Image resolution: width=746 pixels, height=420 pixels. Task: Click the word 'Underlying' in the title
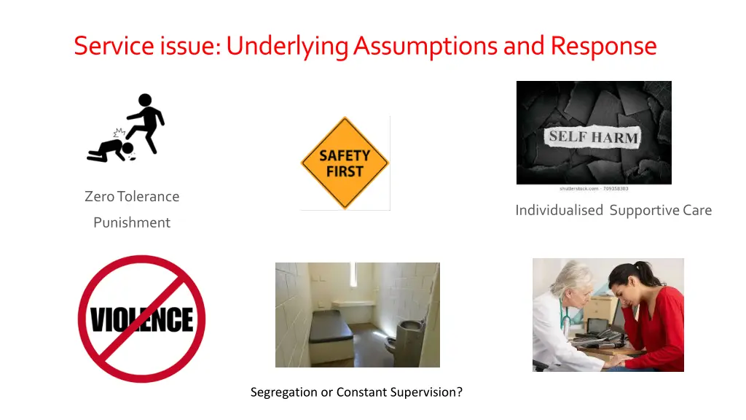tap(287, 47)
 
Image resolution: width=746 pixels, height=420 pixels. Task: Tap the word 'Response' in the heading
tap(603, 46)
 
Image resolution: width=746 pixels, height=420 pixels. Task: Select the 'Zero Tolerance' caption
tap(132, 197)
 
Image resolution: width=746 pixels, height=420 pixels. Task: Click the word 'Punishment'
tap(132, 223)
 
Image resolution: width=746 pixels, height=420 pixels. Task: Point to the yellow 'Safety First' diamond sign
tap(345, 163)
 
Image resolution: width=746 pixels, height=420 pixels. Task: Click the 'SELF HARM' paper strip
tap(593, 136)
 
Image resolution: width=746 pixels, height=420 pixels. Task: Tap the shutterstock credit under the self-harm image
tap(594, 189)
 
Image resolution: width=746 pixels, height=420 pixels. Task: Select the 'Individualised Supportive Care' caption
tap(613, 211)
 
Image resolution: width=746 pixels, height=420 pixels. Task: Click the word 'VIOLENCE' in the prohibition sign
tap(141, 319)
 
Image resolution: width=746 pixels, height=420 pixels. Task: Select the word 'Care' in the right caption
tap(697, 211)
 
